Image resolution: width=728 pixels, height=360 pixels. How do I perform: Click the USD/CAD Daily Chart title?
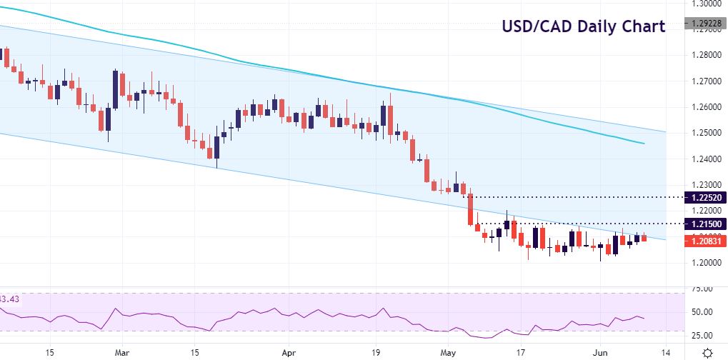(x=584, y=27)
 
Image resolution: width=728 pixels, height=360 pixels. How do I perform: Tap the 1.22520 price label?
(x=705, y=196)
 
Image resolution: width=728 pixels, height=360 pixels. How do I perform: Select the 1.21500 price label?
(x=705, y=224)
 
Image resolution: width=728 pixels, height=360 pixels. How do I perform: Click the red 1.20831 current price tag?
(x=705, y=241)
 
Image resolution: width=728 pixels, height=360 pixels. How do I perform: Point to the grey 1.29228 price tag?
(x=705, y=23)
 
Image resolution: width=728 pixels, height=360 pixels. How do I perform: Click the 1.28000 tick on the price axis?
(x=704, y=55)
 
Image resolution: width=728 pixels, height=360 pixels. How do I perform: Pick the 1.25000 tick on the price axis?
(x=704, y=134)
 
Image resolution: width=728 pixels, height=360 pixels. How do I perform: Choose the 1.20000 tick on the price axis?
(x=704, y=264)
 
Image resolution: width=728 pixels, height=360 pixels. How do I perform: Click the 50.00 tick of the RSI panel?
(x=699, y=312)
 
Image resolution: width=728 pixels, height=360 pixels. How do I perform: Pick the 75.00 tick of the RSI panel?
(x=699, y=289)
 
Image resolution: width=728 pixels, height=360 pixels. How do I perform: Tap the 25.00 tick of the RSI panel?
(x=699, y=335)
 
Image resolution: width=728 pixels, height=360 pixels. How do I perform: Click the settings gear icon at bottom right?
(x=708, y=353)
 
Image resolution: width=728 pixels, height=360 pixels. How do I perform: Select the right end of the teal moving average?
(x=644, y=144)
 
